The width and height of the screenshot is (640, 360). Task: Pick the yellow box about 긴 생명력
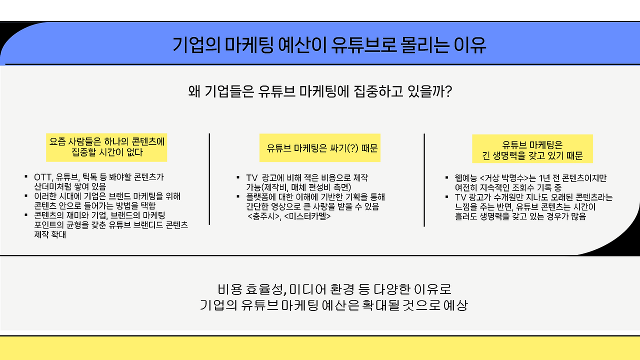pos(532,148)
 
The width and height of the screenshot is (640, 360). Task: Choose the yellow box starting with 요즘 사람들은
pos(106,147)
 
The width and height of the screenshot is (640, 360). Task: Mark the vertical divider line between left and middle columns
pos(209,179)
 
